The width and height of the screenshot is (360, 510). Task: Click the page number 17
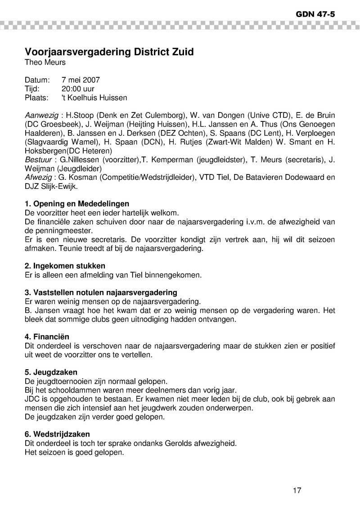point(297,490)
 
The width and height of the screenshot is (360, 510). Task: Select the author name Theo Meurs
point(45,63)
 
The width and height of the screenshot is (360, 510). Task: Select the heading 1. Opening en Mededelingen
point(77,204)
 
